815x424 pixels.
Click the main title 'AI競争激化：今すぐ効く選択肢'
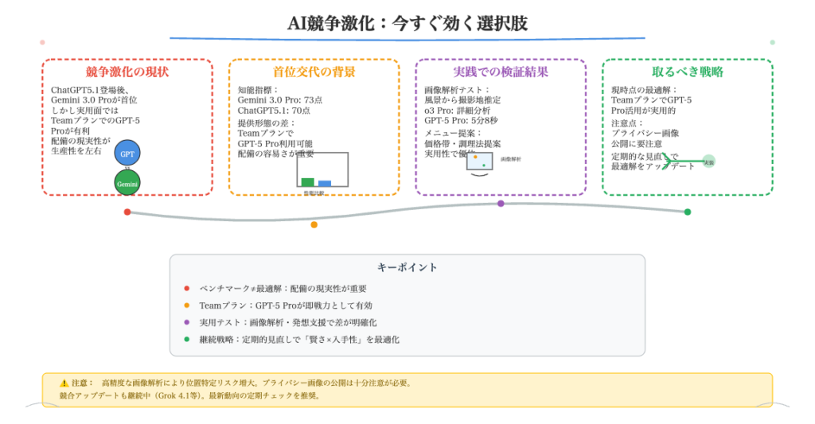407,24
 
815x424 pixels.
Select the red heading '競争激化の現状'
127,72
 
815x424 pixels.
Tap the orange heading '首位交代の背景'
314,72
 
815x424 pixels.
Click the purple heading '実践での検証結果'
501,72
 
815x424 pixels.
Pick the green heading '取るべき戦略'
687,72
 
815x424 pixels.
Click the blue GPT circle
127,154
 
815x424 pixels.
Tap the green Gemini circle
127,183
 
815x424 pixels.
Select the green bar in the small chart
308,182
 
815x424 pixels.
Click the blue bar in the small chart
325,183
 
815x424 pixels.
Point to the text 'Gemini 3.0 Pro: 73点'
279,100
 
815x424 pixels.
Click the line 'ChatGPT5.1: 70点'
274,111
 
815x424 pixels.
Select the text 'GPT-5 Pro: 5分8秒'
461,120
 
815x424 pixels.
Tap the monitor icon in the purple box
479,161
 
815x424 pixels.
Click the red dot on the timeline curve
127,212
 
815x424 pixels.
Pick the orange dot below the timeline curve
314,224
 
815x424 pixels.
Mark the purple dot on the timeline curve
501,204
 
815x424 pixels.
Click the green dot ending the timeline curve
688,212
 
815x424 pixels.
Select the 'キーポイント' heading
407,267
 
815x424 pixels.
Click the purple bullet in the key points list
187,322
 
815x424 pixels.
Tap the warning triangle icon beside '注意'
64,383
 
